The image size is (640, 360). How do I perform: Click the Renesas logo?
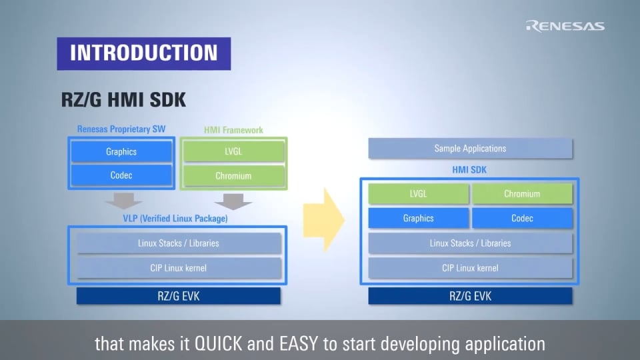point(565,26)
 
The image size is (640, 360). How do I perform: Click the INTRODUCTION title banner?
point(144,53)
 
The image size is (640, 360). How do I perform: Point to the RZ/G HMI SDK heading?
point(123,99)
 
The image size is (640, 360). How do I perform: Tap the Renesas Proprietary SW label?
point(121,129)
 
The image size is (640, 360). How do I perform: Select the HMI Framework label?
point(233,130)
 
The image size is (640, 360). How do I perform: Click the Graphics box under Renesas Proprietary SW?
point(121,151)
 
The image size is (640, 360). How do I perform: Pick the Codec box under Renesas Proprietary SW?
point(121,175)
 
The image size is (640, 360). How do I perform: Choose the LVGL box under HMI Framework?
point(233,151)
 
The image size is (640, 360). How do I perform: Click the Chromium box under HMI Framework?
point(233,176)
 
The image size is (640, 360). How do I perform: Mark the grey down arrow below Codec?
point(124,201)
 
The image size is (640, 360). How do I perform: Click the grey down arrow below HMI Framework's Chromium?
point(233,201)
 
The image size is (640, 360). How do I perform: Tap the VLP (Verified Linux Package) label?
point(175,219)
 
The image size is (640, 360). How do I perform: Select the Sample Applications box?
point(470,149)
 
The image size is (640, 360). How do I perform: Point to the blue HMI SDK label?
point(469,170)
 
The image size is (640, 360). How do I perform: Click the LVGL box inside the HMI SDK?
point(419,194)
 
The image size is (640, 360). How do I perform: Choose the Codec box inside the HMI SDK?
point(523,219)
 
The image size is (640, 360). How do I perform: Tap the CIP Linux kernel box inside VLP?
point(179,268)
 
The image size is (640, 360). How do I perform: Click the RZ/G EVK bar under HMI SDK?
point(470,296)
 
